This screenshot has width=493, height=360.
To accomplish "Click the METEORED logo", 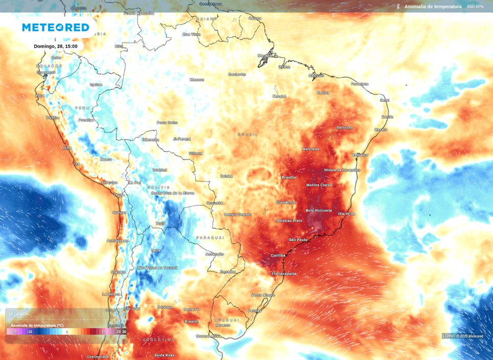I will click(55, 28).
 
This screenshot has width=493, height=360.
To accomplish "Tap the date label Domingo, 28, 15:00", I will click(55, 46).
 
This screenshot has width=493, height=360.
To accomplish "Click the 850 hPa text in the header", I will click(475, 7).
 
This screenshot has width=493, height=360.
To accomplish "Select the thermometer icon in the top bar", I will click(398, 7).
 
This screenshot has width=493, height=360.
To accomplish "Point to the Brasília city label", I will click(288, 177).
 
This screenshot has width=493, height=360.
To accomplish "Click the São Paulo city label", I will click(298, 239).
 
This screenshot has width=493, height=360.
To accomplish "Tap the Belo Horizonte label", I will click(319, 210).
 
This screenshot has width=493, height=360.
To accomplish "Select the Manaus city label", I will click(197, 79).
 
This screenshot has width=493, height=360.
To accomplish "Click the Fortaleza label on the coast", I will click(360, 84).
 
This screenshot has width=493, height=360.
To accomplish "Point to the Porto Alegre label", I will click(263, 295).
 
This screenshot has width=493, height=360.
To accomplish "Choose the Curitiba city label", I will click(278, 255).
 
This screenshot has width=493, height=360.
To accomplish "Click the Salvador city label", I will click(360, 155).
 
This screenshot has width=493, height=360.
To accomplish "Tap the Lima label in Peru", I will click(66, 148).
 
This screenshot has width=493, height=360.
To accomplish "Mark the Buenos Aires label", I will click(208, 336).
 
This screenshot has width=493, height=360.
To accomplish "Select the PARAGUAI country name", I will click(210, 238).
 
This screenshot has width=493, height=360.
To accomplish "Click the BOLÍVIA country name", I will click(159, 187).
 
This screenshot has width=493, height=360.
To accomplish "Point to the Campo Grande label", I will click(238, 214).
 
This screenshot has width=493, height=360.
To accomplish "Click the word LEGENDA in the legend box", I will click(19, 313).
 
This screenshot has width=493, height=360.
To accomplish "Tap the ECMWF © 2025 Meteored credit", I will click(462, 336).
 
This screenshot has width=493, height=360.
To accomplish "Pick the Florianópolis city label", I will click(283, 274).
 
